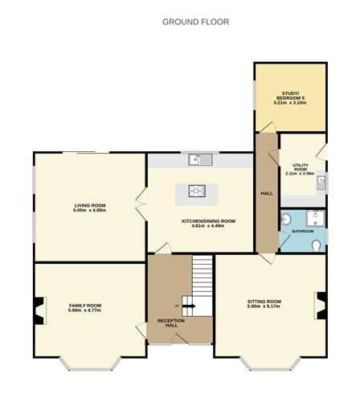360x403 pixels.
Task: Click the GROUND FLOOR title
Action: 196,22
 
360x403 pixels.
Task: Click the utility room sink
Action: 321,181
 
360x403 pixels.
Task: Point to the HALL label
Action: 266,194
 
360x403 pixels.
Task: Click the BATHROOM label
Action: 303,232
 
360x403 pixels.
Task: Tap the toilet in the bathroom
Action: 318,245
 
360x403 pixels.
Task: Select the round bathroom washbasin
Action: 286,220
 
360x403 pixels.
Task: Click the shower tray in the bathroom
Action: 315,216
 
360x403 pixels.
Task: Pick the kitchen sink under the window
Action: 199,159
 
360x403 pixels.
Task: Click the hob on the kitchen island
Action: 198,191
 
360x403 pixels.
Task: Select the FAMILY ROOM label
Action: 84,305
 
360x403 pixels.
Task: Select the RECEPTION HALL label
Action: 171,323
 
